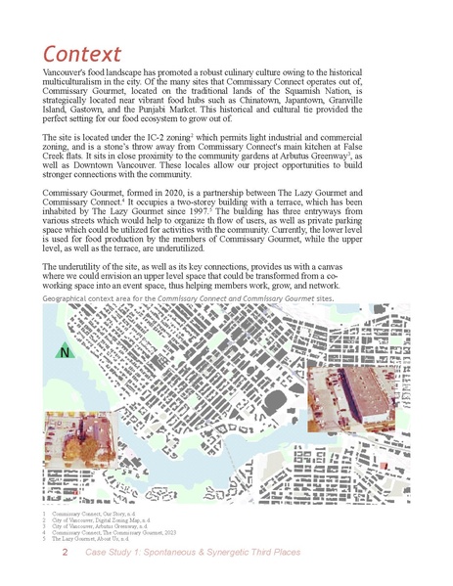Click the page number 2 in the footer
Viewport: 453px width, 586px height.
click(65, 554)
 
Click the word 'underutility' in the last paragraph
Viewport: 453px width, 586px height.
click(81, 264)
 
